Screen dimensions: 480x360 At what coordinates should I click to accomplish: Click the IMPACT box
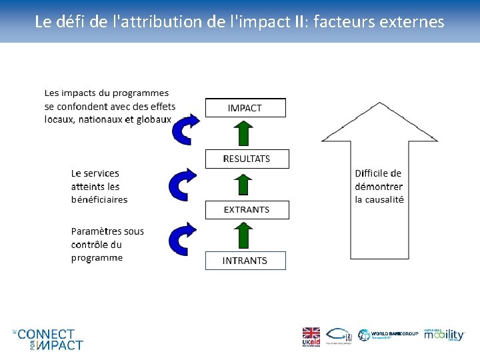(x=245, y=108)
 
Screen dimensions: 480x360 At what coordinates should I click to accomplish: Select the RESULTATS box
(x=247, y=159)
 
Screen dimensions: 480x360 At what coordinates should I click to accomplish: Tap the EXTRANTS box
(x=247, y=209)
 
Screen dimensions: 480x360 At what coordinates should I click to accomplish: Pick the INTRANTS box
(x=245, y=261)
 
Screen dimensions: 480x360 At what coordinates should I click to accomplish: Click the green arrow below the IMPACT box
(x=245, y=133)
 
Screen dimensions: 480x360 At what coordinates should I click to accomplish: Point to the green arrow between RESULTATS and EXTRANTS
(x=245, y=185)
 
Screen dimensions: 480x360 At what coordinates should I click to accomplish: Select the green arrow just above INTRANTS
(x=245, y=235)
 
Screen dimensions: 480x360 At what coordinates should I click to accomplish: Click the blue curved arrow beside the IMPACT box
(x=184, y=129)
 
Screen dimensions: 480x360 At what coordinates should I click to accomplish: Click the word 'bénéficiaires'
(x=99, y=199)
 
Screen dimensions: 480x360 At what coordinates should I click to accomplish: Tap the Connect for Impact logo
(x=47, y=339)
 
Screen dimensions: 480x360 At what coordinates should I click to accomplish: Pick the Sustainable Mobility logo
(x=443, y=335)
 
